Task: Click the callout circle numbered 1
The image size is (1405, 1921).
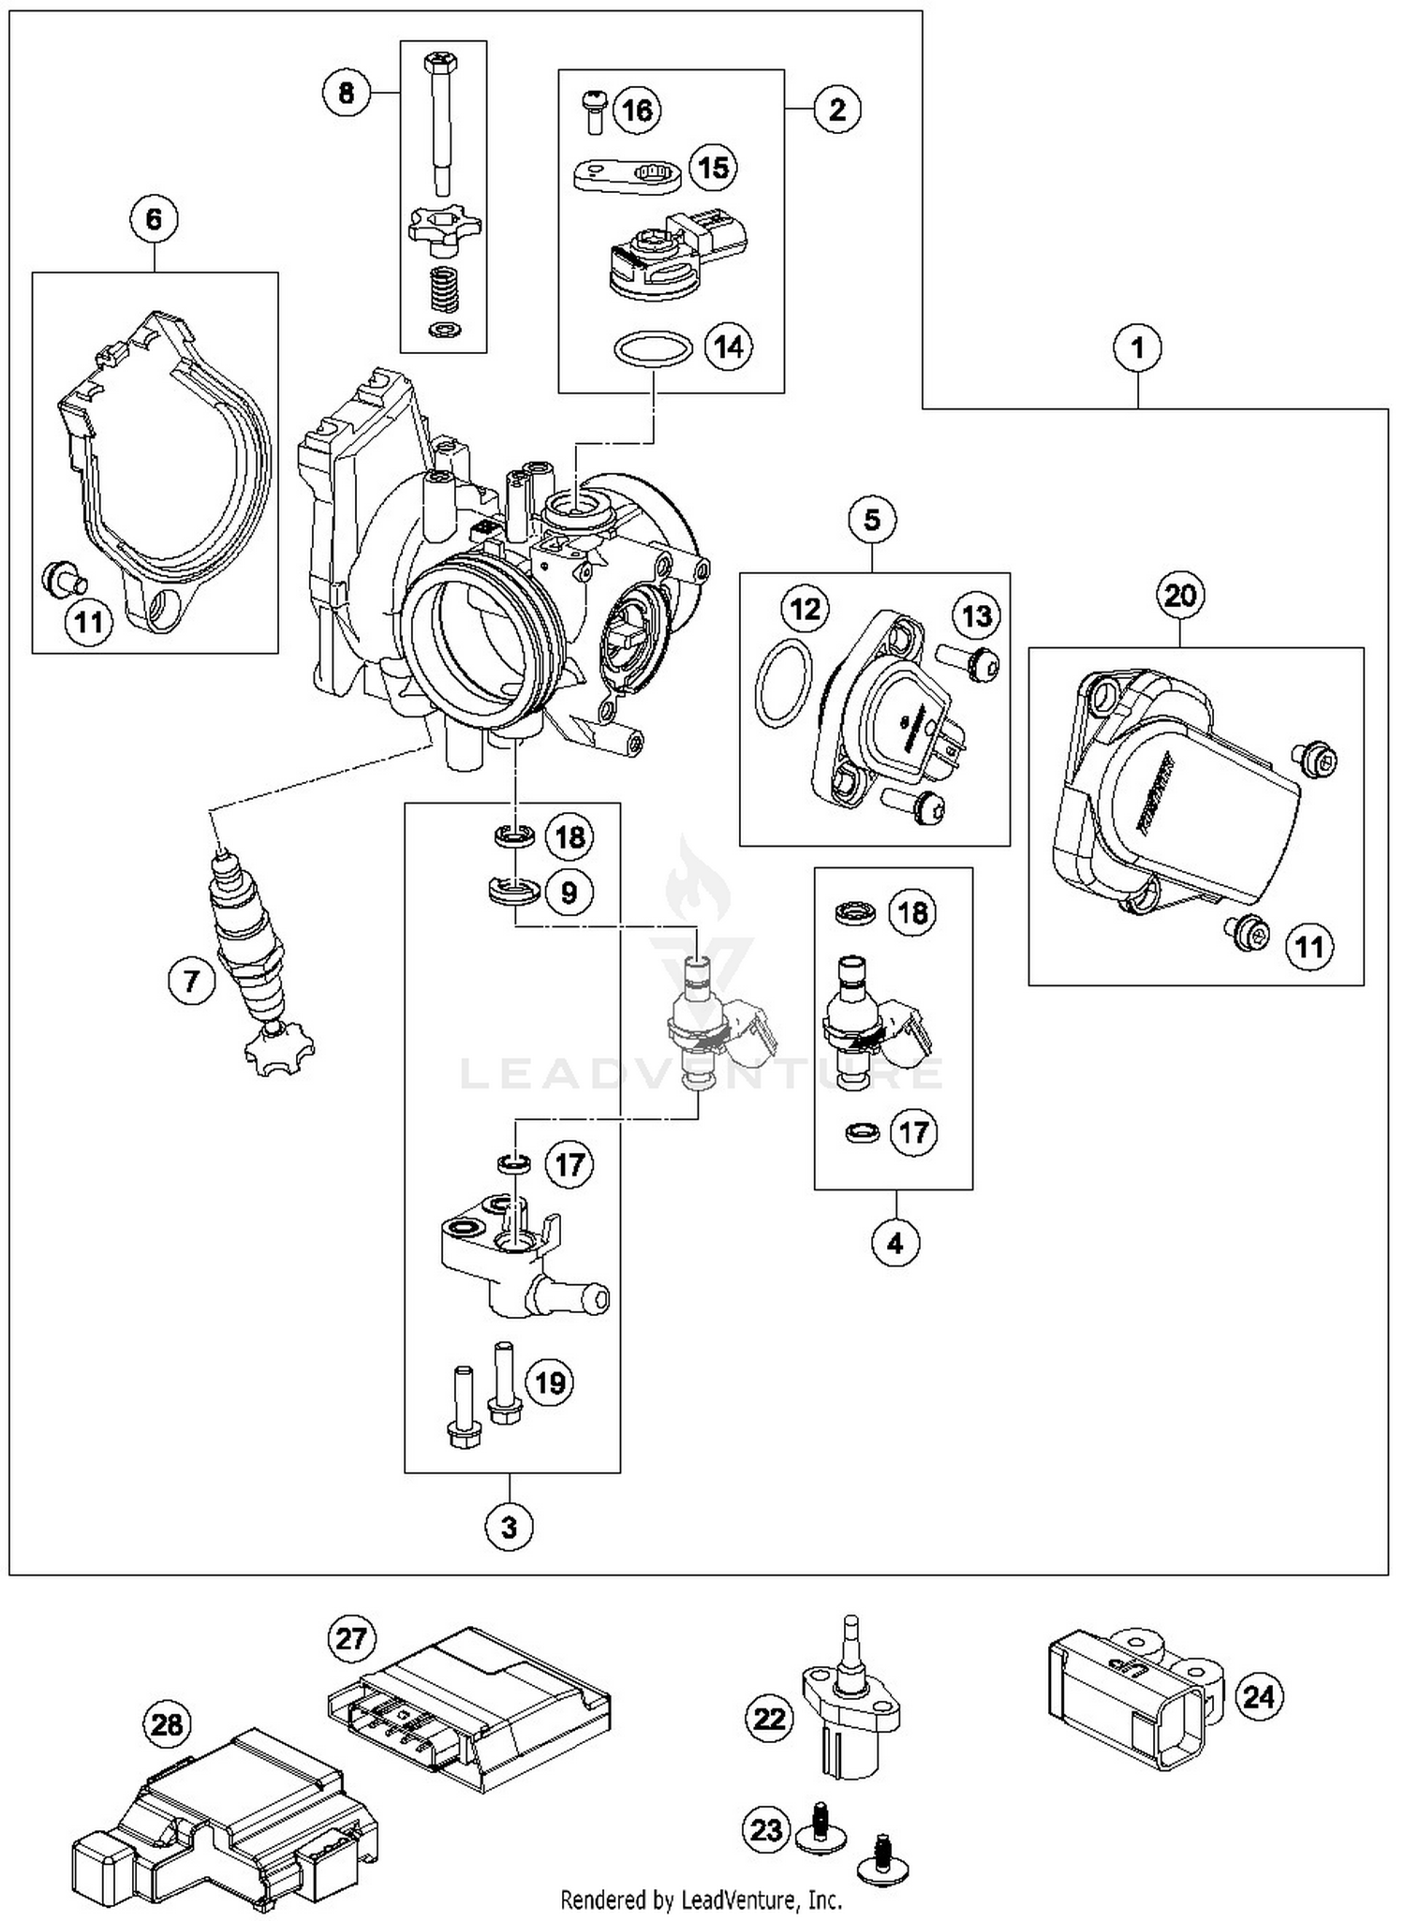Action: [1137, 348]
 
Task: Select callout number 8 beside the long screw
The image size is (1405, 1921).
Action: [347, 93]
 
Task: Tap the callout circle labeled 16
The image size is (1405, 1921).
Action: [637, 111]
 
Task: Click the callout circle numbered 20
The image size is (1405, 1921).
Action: [1180, 596]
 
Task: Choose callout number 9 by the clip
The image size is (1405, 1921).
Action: [569, 893]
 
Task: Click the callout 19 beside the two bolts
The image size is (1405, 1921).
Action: [549, 1382]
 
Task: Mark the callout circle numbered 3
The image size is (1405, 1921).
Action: [509, 1528]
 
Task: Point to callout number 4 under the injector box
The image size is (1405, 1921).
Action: [895, 1243]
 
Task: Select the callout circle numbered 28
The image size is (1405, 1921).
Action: [167, 1724]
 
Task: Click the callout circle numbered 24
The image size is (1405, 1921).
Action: [1259, 1696]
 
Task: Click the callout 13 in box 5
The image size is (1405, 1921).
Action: [976, 616]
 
